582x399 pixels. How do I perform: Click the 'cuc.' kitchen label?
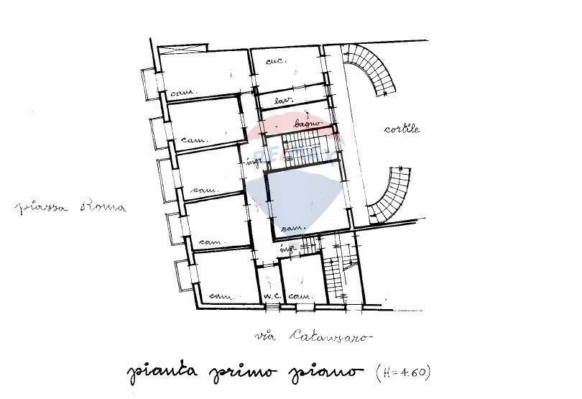276,61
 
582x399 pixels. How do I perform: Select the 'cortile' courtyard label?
402,129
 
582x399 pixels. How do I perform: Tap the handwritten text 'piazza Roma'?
70,208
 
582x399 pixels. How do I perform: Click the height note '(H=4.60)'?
404,372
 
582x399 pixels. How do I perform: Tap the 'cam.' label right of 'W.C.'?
297,296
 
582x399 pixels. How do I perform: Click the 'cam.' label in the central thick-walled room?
291,228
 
